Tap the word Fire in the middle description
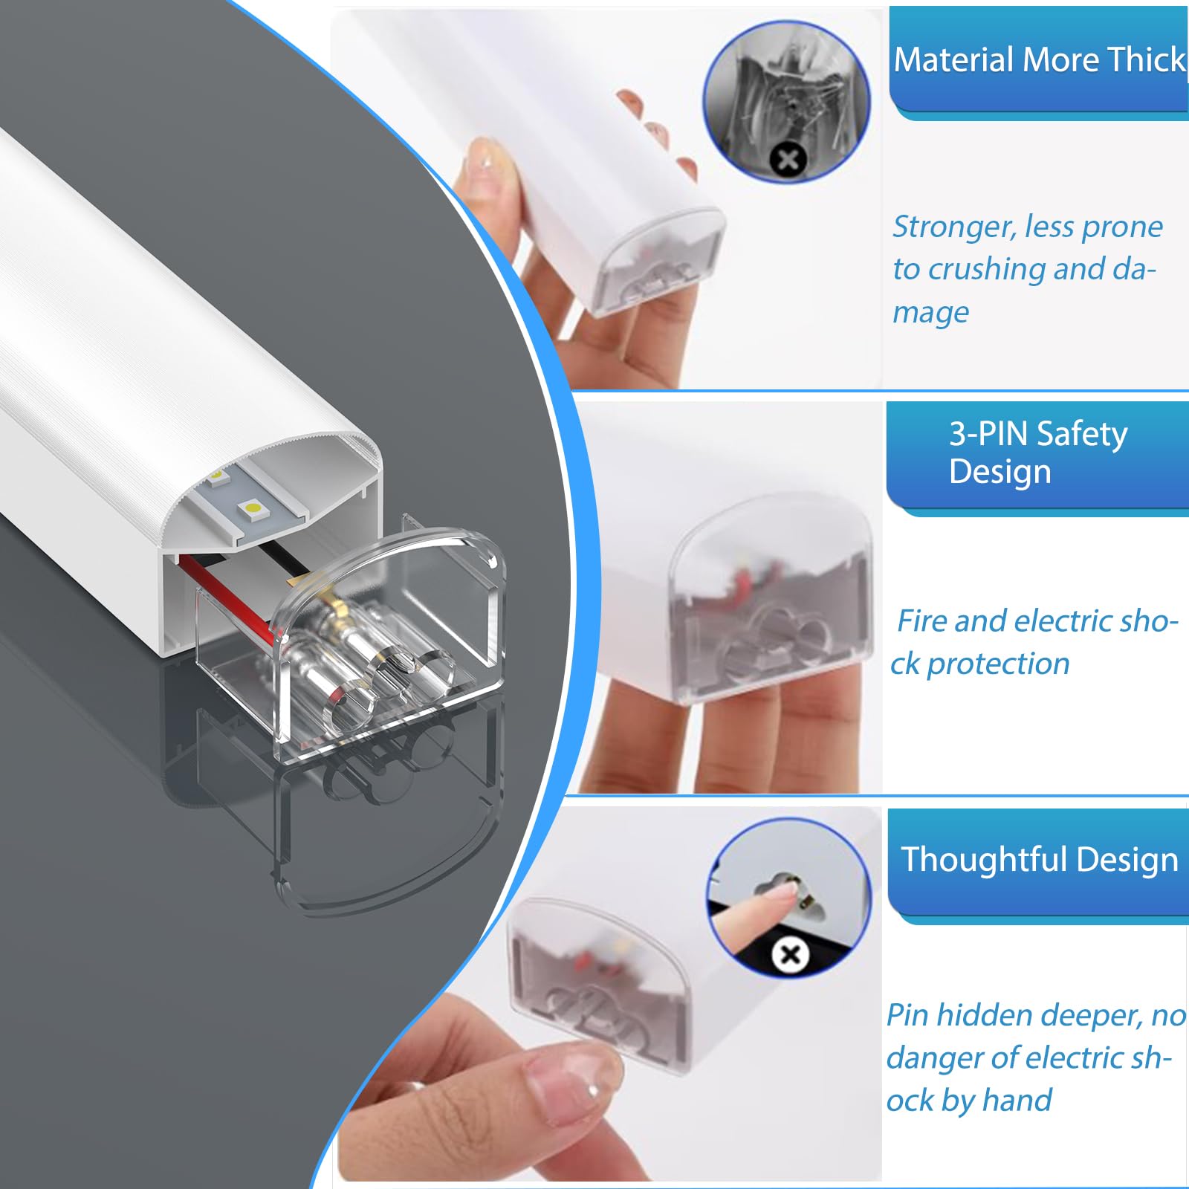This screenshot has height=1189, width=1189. tap(921, 621)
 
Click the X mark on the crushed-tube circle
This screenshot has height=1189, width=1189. tap(788, 159)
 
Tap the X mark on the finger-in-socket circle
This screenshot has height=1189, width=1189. tap(790, 954)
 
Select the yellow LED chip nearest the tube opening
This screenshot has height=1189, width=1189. tap(252, 508)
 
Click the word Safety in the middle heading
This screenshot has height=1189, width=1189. tap(1082, 434)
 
